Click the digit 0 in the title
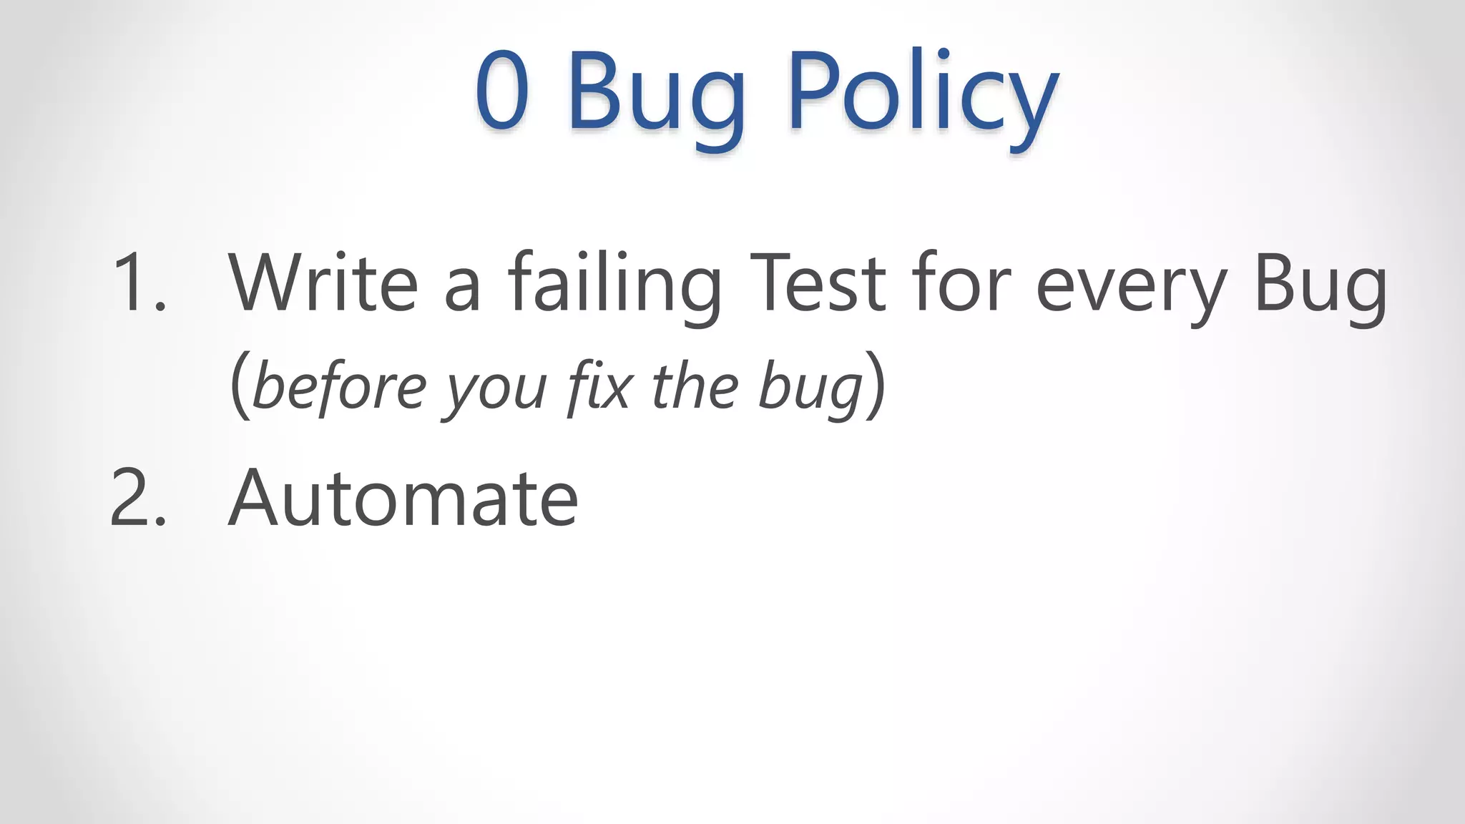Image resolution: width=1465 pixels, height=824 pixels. (502, 91)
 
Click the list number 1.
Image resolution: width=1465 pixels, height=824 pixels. (137, 283)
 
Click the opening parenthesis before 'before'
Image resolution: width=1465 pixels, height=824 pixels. (240, 386)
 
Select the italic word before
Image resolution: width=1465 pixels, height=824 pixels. (340, 386)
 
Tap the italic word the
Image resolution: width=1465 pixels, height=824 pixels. (695, 386)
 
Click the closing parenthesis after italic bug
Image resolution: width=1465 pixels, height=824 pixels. (876, 386)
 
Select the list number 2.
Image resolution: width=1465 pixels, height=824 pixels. (137, 498)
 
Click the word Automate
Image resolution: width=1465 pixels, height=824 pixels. (403, 498)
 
